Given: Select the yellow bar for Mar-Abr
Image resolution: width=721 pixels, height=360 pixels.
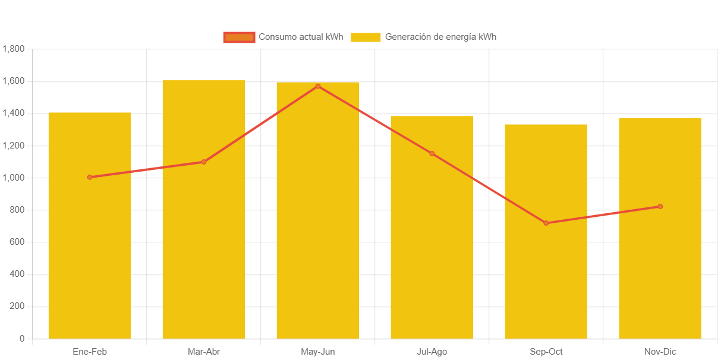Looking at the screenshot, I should tap(204, 250).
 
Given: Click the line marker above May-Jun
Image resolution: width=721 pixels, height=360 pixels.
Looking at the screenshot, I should tap(318, 86).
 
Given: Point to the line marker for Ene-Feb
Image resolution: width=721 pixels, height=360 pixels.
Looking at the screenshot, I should tap(90, 177).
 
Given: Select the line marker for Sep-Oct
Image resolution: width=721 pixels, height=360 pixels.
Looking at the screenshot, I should tap(546, 223).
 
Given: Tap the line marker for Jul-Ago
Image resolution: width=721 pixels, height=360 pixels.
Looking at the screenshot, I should tap(432, 153).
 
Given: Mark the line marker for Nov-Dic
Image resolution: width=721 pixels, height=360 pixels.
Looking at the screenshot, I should tap(660, 207).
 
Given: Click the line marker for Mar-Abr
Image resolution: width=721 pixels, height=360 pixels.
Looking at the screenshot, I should tap(204, 162).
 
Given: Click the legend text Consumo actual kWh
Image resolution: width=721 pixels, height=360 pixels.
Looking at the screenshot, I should tap(301, 37).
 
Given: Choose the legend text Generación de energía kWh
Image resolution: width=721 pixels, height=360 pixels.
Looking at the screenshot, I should tap(440, 37).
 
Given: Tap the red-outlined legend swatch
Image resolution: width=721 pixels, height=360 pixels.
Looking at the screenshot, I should tap(239, 37).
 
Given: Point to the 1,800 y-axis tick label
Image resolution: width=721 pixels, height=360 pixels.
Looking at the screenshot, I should tap(14, 49).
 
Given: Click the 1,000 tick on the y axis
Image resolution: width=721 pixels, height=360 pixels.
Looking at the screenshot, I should tap(14, 178).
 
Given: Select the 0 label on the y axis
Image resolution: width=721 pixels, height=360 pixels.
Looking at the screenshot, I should tap(22, 339).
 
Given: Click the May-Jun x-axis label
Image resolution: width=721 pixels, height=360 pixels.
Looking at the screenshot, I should tap(318, 352).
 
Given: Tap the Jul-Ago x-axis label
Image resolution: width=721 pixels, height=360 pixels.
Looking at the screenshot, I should tap(432, 352).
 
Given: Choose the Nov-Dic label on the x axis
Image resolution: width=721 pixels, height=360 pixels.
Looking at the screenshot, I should tap(660, 352).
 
